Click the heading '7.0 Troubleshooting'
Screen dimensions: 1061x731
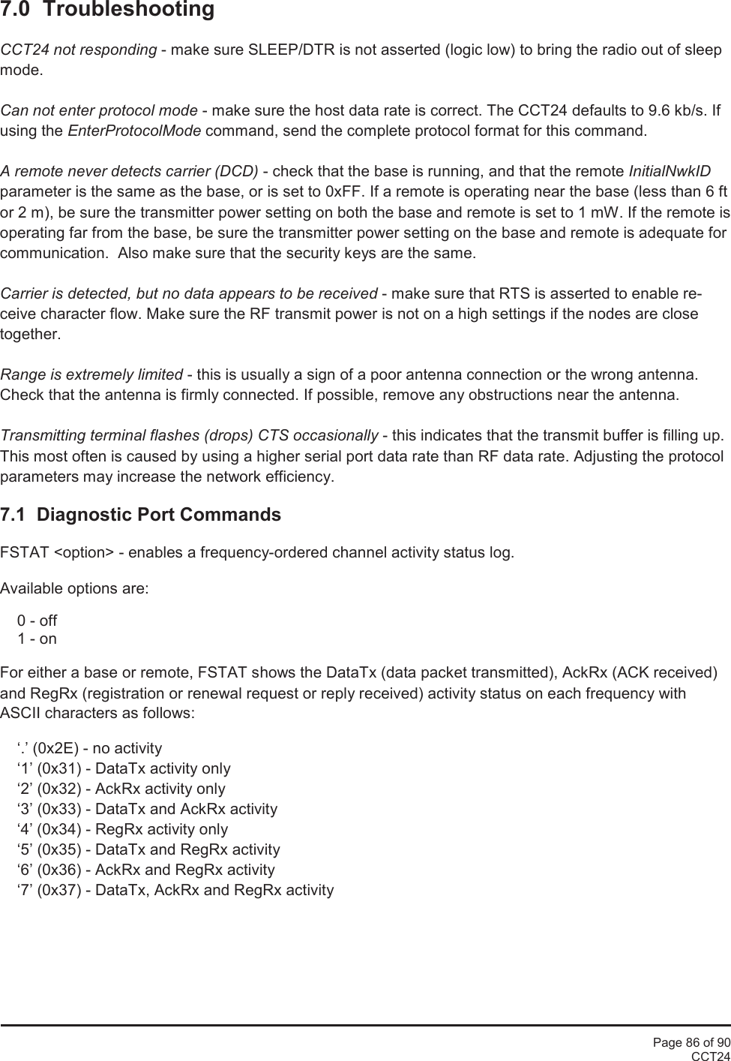click(x=107, y=11)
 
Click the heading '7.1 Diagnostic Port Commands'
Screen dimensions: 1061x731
click(x=141, y=515)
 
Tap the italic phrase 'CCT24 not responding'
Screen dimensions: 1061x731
click(x=79, y=50)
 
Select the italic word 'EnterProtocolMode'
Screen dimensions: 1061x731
click(x=134, y=132)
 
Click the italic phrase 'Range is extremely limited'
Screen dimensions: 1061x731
click(x=91, y=374)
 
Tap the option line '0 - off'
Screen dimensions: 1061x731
click(x=37, y=621)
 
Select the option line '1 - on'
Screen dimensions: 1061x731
click(x=37, y=639)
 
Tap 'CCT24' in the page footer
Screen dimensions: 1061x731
click(x=710, y=1056)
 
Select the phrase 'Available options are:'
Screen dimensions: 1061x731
click(x=75, y=588)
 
